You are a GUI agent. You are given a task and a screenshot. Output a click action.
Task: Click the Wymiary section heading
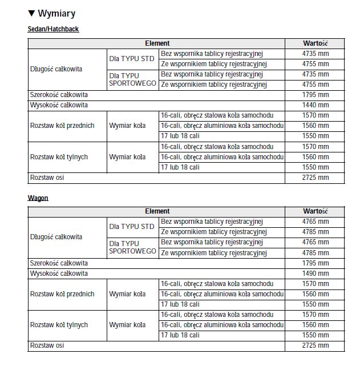(x=56, y=14)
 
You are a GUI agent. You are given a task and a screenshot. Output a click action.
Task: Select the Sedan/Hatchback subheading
(x=53, y=29)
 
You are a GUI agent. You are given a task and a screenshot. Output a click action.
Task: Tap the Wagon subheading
(x=38, y=198)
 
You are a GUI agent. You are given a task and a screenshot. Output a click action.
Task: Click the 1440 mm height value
(x=315, y=105)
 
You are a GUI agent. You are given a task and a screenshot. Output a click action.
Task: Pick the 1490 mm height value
(x=315, y=274)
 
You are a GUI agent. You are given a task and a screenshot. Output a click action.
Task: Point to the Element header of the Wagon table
(x=157, y=211)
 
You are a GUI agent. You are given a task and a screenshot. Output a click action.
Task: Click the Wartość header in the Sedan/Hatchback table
(x=315, y=43)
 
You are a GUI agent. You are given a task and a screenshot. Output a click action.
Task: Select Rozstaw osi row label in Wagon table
(x=47, y=345)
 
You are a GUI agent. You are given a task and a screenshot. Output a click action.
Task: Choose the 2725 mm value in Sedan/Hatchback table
(x=315, y=178)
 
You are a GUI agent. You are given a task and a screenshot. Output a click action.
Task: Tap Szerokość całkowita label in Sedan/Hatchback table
(x=59, y=95)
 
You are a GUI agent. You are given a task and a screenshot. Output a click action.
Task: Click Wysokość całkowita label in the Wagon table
(x=59, y=274)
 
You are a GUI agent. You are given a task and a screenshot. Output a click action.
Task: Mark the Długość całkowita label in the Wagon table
(x=56, y=237)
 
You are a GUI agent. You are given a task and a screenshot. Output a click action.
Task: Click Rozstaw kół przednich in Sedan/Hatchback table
(x=62, y=126)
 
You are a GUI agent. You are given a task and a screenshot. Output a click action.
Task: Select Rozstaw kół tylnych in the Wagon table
(x=59, y=325)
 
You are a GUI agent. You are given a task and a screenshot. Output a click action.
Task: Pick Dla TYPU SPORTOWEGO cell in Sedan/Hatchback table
(x=133, y=79)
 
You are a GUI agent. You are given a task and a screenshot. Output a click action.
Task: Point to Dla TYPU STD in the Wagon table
(x=132, y=227)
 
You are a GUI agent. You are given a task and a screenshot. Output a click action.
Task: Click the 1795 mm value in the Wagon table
(x=315, y=263)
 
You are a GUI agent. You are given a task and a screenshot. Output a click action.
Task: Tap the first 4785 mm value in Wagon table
(x=315, y=232)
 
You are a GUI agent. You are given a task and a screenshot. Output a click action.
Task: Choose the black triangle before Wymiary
(x=31, y=14)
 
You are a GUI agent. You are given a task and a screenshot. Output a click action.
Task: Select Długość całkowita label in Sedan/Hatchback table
(x=56, y=69)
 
